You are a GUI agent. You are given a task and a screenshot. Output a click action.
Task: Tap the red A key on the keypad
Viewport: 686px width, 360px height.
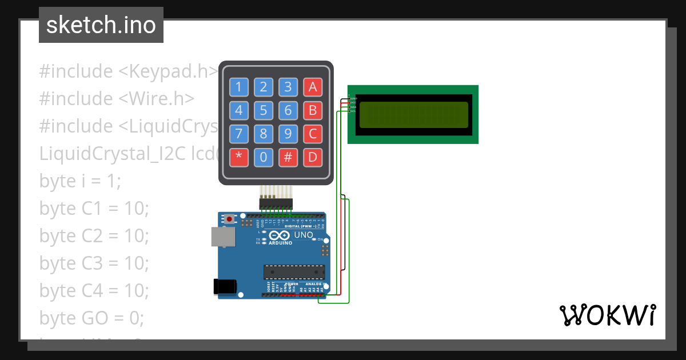(313, 87)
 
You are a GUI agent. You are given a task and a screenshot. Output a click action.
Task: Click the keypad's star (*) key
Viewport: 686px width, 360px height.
(239, 157)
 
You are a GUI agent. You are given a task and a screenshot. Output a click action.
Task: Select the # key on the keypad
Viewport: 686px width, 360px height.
(288, 157)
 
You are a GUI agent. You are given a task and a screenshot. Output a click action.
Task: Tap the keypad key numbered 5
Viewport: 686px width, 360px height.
(264, 110)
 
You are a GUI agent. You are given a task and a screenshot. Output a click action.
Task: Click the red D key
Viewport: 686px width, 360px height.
(313, 157)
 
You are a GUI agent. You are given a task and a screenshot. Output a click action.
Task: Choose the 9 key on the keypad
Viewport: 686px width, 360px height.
(288, 134)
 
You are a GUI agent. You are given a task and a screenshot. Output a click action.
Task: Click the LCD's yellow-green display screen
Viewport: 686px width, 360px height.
(413, 114)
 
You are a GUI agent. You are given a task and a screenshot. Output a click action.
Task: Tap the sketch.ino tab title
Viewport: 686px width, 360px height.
(101, 25)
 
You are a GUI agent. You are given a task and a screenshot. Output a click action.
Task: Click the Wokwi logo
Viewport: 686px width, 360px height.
(607, 315)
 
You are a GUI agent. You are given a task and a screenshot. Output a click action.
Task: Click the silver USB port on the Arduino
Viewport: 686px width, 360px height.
(222, 237)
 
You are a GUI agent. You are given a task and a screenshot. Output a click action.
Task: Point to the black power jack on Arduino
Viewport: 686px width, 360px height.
(224, 286)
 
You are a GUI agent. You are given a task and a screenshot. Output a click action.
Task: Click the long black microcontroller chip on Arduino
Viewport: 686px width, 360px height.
(294, 273)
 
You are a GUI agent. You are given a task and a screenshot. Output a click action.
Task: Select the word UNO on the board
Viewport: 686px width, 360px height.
(304, 235)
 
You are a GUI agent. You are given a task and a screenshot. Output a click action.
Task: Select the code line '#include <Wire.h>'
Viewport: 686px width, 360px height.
(117, 98)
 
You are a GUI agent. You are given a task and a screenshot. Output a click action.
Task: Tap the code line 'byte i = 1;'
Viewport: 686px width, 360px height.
(80, 181)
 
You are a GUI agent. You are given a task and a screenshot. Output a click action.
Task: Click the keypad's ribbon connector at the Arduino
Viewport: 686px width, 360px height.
(276, 203)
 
